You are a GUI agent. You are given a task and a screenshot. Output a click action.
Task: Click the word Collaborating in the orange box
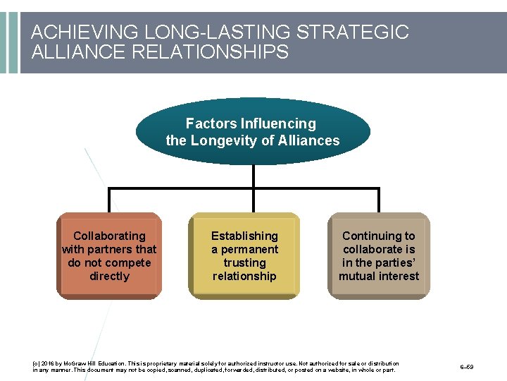pyautogui.click(x=109, y=236)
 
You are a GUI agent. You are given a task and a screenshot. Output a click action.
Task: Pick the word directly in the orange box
pyautogui.click(x=109, y=276)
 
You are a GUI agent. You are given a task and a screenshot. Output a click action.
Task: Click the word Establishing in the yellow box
pyautogui.click(x=244, y=236)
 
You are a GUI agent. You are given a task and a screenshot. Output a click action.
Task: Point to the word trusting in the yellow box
pyautogui.click(x=244, y=262)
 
